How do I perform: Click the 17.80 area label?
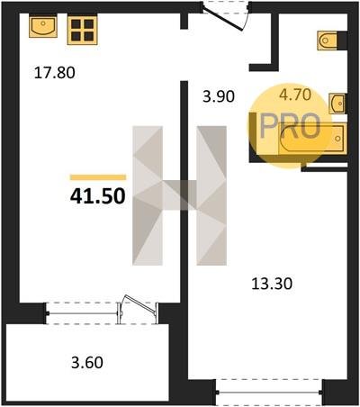(x=54, y=73)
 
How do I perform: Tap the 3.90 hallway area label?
(x=219, y=96)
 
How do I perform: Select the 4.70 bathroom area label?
(x=295, y=95)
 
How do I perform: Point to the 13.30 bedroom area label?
(x=272, y=284)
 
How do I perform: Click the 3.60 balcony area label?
(x=87, y=362)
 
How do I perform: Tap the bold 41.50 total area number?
(x=97, y=196)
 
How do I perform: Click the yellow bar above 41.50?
(x=98, y=177)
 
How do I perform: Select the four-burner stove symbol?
(x=82, y=30)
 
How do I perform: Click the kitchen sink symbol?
(x=43, y=27)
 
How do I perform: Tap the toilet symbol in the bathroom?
(x=328, y=41)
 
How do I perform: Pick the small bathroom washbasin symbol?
(x=337, y=104)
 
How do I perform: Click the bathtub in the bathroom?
(x=312, y=139)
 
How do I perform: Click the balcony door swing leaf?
(x=140, y=304)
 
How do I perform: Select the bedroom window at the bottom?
(x=269, y=393)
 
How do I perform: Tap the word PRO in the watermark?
(x=290, y=126)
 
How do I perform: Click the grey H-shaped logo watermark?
(x=179, y=195)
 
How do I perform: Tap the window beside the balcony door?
(x=82, y=313)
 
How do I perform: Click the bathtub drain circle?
(x=337, y=139)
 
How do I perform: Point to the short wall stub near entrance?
(x=184, y=21)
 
